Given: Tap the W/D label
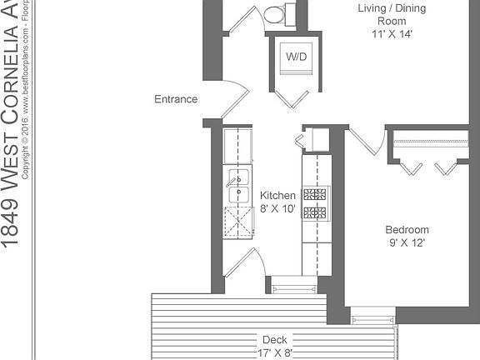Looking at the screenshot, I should pos(295,57).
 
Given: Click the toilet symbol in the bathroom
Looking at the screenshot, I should pos(272,13).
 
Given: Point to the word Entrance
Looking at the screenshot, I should pos(176,99).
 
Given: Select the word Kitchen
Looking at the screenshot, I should pos(277,196).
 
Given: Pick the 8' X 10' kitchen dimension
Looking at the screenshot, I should pos(277,209).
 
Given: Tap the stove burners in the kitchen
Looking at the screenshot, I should pos(316,203).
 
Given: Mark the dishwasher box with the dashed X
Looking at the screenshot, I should pos(238,222).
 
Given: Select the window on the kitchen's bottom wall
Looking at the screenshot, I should pos(289,288).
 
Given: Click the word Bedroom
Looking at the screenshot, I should pos(407,230).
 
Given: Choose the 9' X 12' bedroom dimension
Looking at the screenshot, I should pos(407,243).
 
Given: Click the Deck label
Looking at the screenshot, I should pos(274,340).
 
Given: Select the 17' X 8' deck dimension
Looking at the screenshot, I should pos(274,352).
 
